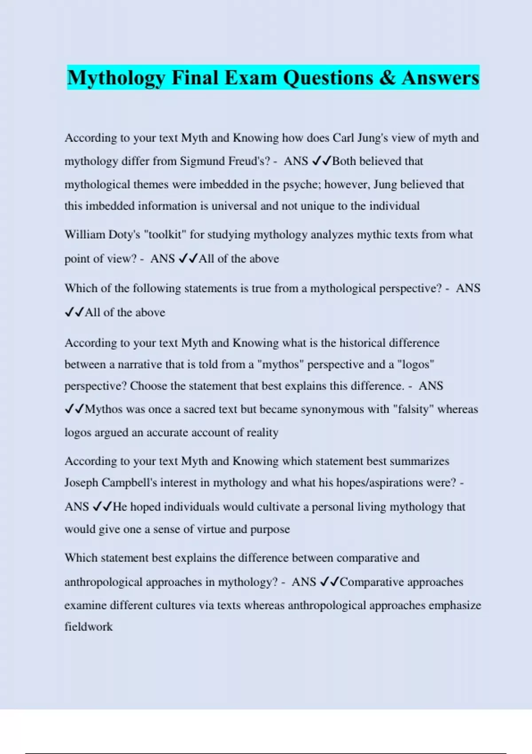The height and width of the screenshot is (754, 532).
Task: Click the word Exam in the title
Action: [250, 78]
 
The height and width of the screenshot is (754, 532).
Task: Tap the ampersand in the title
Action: [387, 78]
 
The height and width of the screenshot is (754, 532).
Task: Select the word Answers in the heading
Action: [440, 78]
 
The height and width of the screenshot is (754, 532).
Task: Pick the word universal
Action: [234, 206]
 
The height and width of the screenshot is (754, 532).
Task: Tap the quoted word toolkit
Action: [165, 235]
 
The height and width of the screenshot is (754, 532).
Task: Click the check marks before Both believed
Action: [321, 161]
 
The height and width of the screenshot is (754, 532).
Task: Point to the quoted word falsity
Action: [411, 409]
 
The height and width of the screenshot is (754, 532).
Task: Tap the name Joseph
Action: [81, 483]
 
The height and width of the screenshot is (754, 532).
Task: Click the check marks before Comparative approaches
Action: [329, 582]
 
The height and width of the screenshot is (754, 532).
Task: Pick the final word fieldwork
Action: [89, 627]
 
